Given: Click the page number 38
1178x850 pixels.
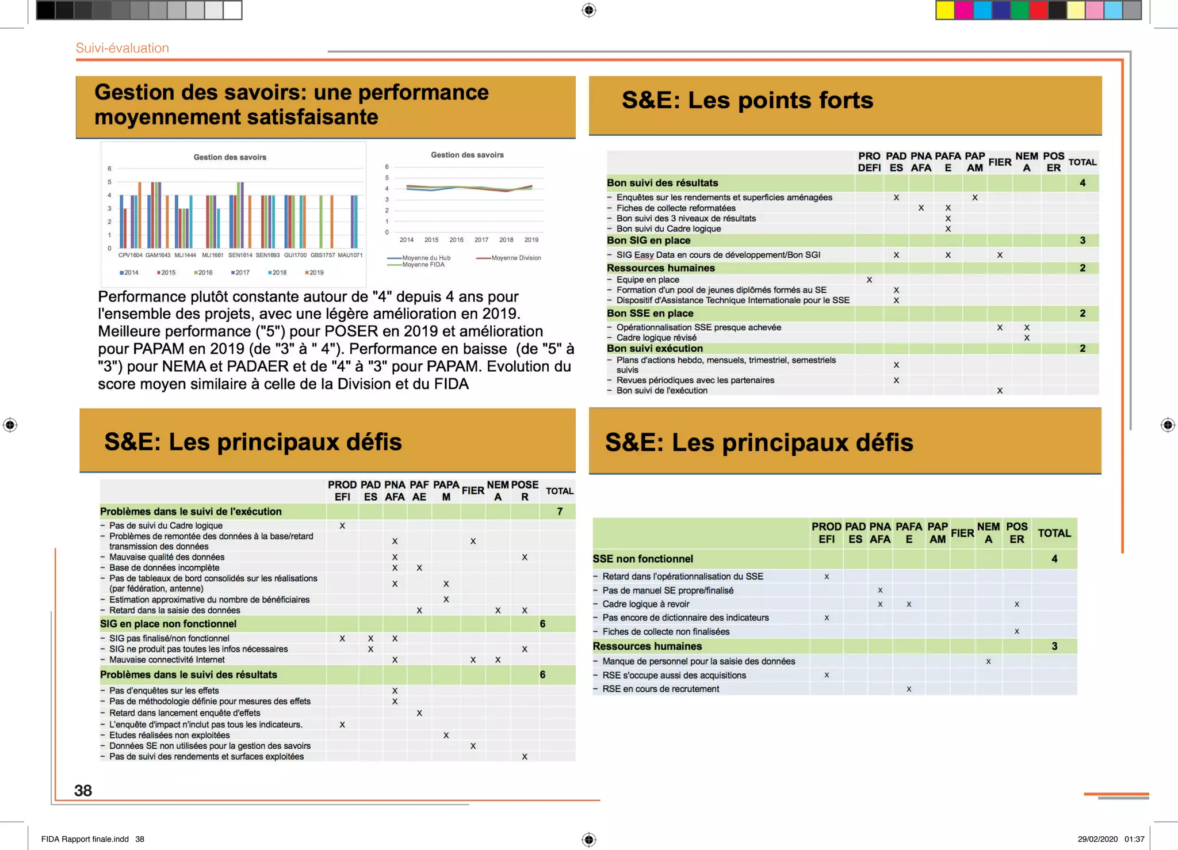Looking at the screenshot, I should [x=83, y=791].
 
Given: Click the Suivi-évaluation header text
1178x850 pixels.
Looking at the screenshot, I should [x=123, y=48].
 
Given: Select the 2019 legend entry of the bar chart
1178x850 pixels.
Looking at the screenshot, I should [x=315, y=273].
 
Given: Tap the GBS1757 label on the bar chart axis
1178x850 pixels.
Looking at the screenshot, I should [x=323, y=255].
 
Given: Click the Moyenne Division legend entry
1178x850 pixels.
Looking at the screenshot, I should [x=509, y=258].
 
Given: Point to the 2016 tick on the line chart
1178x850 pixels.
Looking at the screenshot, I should [x=456, y=240].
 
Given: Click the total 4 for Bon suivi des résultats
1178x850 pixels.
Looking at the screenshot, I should [x=1083, y=183].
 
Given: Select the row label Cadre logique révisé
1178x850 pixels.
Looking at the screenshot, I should [x=656, y=338].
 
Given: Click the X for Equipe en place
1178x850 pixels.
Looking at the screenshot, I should [x=869, y=280].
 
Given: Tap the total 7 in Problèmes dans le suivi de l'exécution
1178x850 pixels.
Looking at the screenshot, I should [x=560, y=512].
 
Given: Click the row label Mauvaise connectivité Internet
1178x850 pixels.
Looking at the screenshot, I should [x=167, y=660].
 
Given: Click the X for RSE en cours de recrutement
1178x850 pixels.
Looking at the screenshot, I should [x=909, y=689].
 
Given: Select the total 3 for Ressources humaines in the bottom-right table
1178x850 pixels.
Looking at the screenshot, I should [x=1054, y=646].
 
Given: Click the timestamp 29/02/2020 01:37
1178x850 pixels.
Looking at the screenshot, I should [x=1111, y=839].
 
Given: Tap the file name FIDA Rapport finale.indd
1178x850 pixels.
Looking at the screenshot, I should [x=85, y=839].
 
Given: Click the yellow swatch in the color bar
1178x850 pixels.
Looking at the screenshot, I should [x=944, y=10].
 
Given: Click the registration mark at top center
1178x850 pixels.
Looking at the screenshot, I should [x=589, y=10].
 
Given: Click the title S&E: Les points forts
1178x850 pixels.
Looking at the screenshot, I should [x=747, y=101].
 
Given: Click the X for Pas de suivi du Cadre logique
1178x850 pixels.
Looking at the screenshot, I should [x=342, y=526].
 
